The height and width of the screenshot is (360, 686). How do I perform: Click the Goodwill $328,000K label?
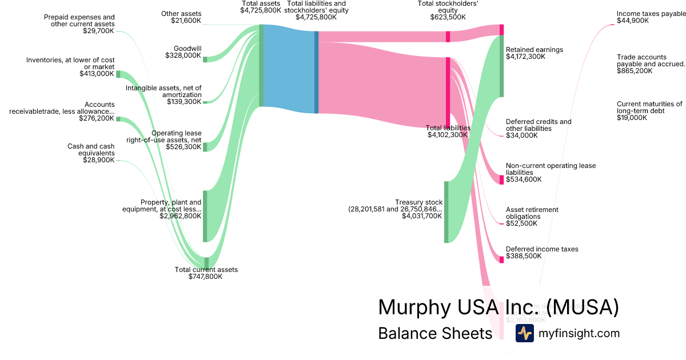click(184, 52)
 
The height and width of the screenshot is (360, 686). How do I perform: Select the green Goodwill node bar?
click(205, 59)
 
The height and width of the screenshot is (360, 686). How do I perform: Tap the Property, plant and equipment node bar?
click(205, 217)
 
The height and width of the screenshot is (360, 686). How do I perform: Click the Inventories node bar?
click(118, 74)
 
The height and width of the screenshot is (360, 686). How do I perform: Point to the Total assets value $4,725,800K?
click(261, 10)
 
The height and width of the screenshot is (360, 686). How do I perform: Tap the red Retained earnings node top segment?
click(501, 30)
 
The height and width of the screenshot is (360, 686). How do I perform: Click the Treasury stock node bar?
click(446, 212)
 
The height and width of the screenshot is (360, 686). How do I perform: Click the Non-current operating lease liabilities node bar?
click(501, 180)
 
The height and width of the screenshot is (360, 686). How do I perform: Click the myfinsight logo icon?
click(524, 333)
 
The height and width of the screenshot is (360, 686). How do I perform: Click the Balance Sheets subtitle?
click(435, 334)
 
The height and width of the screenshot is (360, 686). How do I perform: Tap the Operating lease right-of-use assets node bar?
click(205, 147)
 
